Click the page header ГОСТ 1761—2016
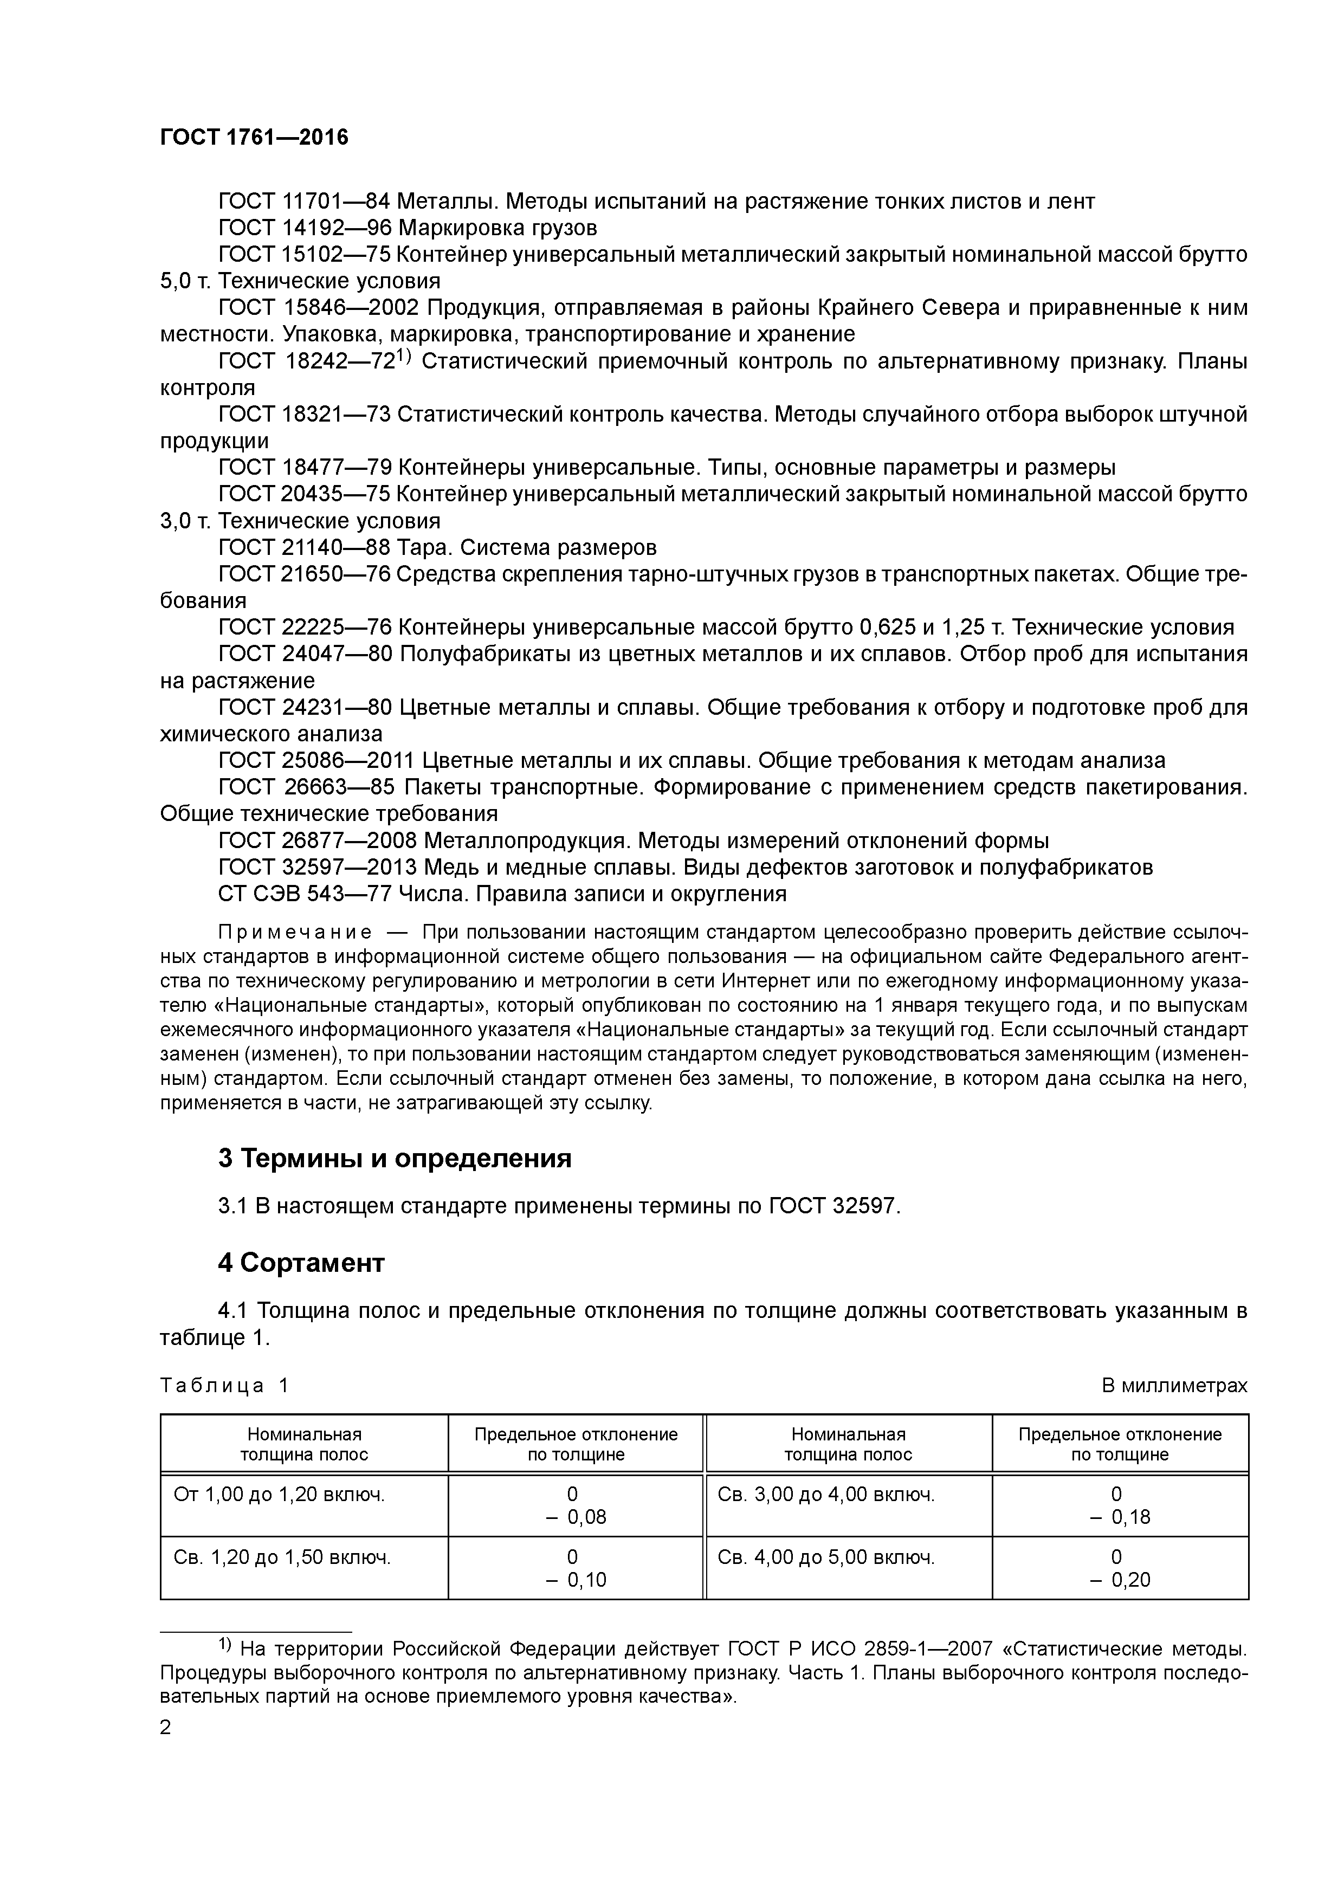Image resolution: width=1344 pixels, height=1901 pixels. [x=254, y=138]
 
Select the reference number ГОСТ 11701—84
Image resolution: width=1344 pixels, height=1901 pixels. [x=303, y=201]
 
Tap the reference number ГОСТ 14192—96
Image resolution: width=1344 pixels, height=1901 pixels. [x=303, y=228]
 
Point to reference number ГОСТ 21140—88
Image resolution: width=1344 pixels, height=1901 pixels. [x=303, y=547]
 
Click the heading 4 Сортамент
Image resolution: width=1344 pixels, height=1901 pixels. [x=301, y=1263]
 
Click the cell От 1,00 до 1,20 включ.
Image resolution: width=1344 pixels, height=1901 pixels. [x=279, y=1495]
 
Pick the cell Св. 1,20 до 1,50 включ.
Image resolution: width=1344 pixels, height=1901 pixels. [x=282, y=1557]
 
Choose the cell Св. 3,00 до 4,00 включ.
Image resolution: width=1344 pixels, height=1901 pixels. [x=825, y=1495]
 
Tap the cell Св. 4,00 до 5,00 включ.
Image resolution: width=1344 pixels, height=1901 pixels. [x=825, y=1557]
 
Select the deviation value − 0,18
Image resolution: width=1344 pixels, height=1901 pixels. [x=1120, y=1518]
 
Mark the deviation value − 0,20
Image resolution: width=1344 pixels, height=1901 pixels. [x=1120, y=1580]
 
